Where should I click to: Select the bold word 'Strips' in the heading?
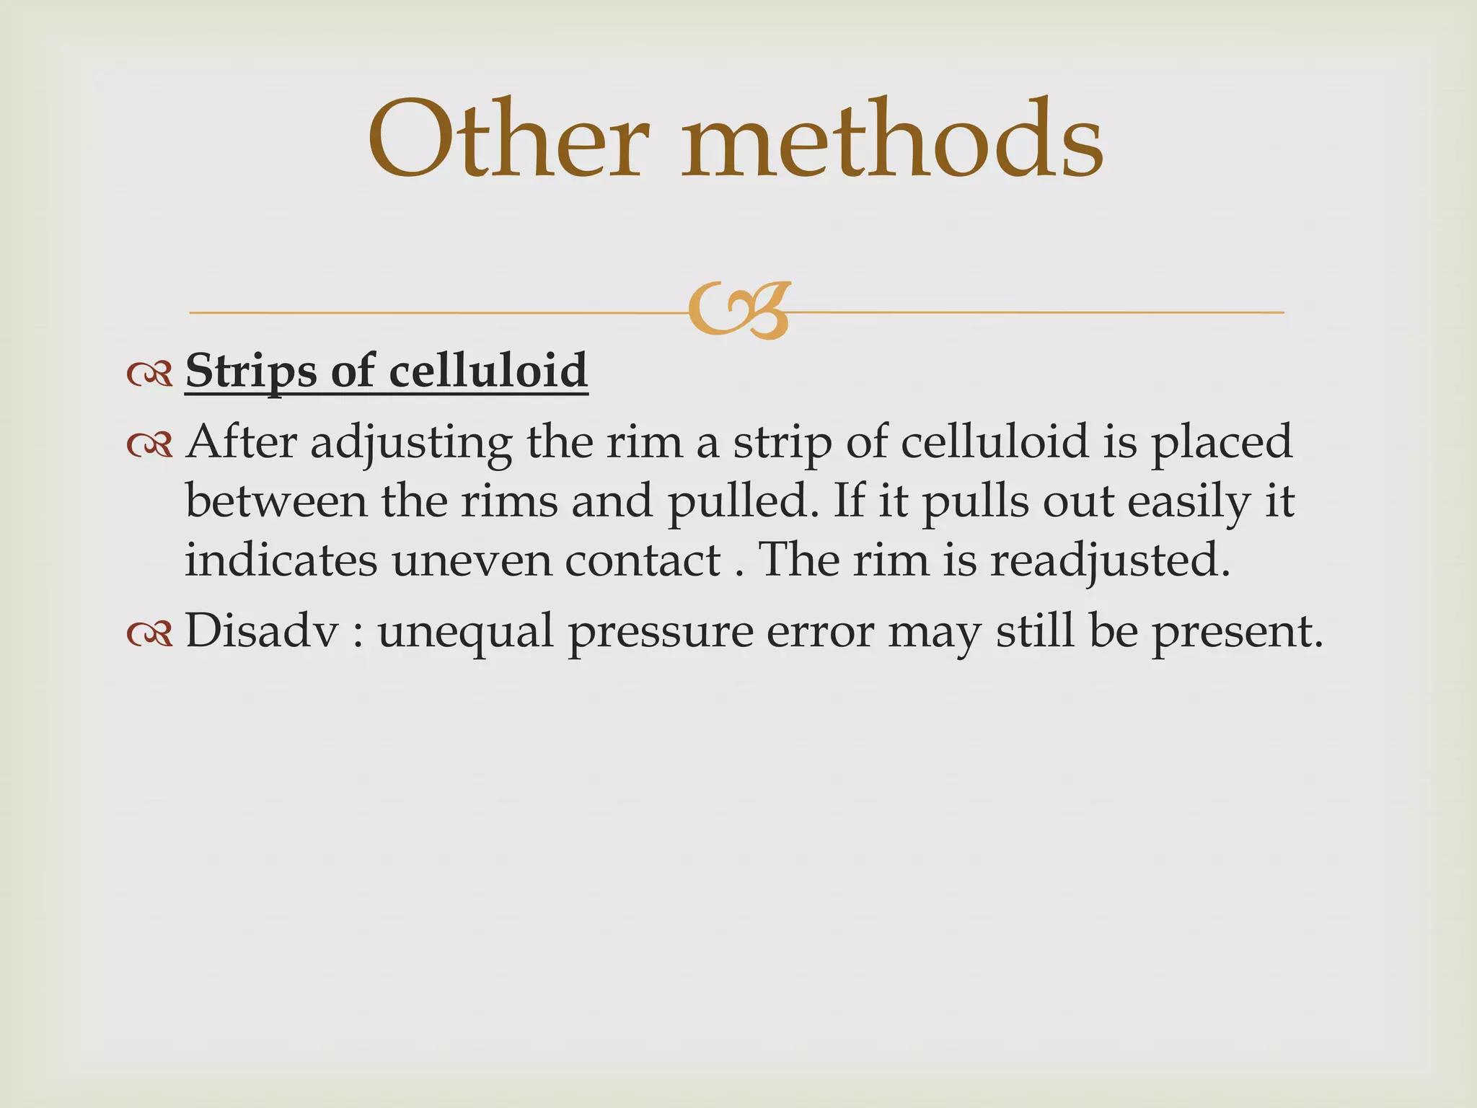pos(251,372)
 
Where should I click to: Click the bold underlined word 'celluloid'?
pos(488,371)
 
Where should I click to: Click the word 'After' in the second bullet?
pos(241,441)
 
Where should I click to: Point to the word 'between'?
pos(276,501)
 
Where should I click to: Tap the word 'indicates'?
pos(281,560)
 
